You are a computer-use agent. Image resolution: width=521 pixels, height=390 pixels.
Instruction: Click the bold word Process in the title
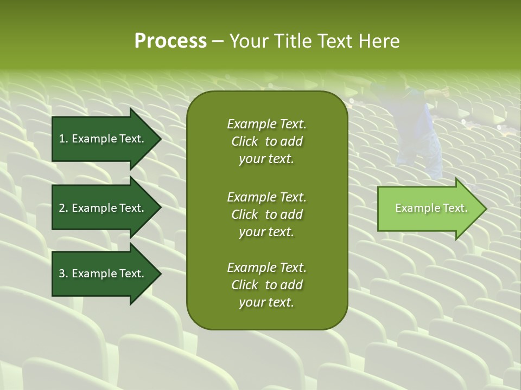[x=170, y=41]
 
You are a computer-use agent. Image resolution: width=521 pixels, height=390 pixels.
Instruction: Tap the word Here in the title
[x=379, y=41]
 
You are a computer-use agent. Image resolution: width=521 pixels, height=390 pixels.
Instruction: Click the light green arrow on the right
[x=429, y=209]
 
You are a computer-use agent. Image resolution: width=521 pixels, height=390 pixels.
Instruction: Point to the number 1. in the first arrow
[x=63, y=139]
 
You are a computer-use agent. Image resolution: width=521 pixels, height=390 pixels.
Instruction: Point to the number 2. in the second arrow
[x=63, y=208]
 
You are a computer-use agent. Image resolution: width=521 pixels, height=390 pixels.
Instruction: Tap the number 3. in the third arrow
[x=63, y=274]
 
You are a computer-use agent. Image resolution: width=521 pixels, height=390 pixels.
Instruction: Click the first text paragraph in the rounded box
[x=266, y=141]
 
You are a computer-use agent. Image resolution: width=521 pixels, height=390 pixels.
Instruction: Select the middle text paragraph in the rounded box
[x=266, y=214]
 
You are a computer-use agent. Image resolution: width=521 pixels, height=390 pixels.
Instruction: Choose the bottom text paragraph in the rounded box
[x=266, y=285]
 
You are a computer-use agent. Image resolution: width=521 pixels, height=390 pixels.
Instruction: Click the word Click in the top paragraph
[x=245, y=141]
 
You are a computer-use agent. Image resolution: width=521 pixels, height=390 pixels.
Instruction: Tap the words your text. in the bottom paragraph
[x=266, y=303]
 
